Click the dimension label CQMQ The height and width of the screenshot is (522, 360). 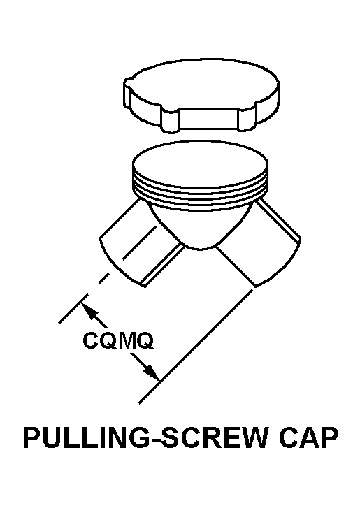[118, 340]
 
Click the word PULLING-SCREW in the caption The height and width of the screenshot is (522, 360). [145, 437]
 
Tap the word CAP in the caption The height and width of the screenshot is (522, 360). [309, 437]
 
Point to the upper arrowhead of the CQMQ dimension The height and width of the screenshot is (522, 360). [89, 310]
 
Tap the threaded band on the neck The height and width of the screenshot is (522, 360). [200, 196]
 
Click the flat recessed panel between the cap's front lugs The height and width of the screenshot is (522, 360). [209, 119]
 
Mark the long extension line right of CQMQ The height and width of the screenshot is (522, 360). [196, 347]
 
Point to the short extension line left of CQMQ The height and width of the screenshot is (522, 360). [73, 308]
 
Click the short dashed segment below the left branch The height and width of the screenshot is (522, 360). [104, 278]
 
